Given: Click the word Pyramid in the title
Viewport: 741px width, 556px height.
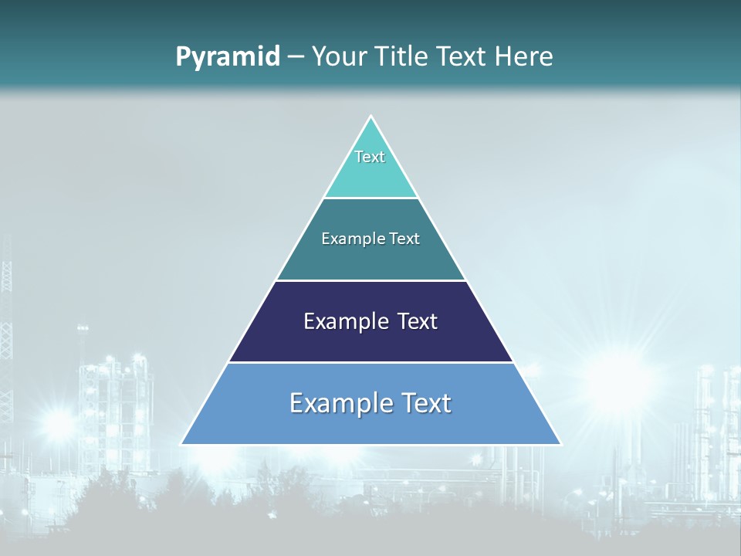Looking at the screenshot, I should pyautogui.click(x=228, y=57).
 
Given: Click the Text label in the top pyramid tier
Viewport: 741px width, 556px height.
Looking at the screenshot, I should pyautogui.click(x=370, y=157).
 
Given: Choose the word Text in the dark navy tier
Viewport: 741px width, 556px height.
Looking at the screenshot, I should pyautogui.click(x=418, y=321).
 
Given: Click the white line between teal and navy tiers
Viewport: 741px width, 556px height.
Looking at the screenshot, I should pyautogui.click(x=370, y=280).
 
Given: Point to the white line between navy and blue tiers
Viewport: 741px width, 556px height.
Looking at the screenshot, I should pyautogui.click(x=370, y=362).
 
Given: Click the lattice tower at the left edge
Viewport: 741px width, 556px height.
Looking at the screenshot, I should pyautogui.click(x=6, y=309).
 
